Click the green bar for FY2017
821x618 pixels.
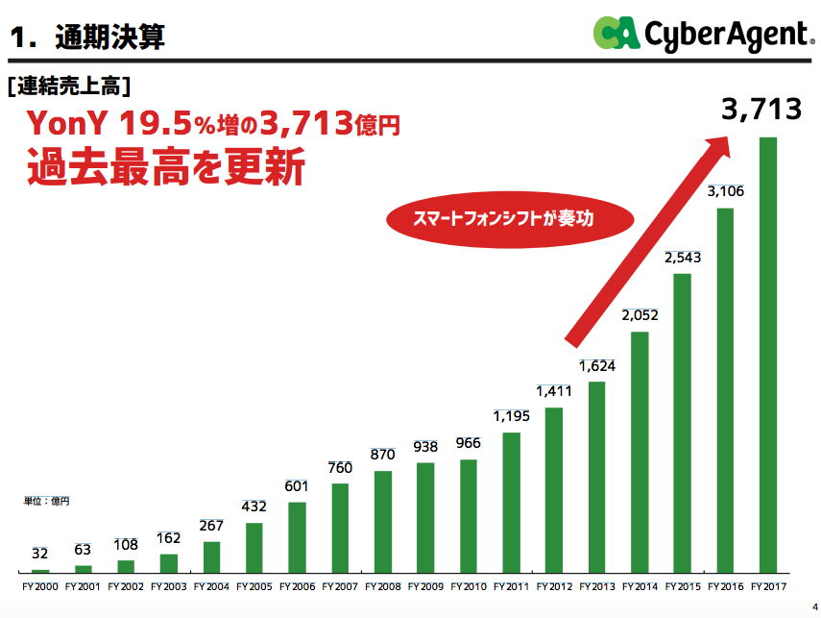[767, 355]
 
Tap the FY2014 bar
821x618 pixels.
[640, 452]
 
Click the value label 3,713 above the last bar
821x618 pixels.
[761, 110]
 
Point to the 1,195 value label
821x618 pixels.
[511, 416]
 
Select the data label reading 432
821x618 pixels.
[254, 507]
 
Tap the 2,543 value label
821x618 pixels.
[681, 258]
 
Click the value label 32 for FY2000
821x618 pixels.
[40, 554]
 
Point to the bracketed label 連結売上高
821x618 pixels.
[67, 86]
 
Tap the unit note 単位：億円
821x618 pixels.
[47, 501]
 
